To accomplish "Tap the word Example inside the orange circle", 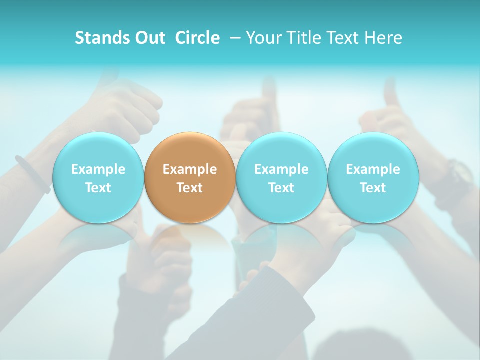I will (x=190, y=169).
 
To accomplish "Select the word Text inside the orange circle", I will (x=190, y=188).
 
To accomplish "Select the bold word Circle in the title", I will (x=197, y=38).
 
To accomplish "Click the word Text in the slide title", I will (x=343, y=38).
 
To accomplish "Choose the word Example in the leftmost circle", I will (x=98, y=169).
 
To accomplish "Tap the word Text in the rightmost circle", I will (x=373, y=188).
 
